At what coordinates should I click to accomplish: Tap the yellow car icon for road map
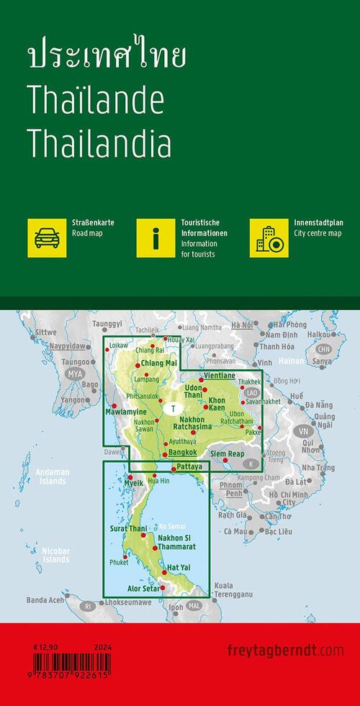[x=47, y=237]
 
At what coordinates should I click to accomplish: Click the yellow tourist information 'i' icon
[x=156, y=237]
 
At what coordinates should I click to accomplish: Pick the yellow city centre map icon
[x=269, y=237]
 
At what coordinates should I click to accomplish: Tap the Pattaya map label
[x=188, y=466]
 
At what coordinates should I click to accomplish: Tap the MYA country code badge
[x=74, y=374]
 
